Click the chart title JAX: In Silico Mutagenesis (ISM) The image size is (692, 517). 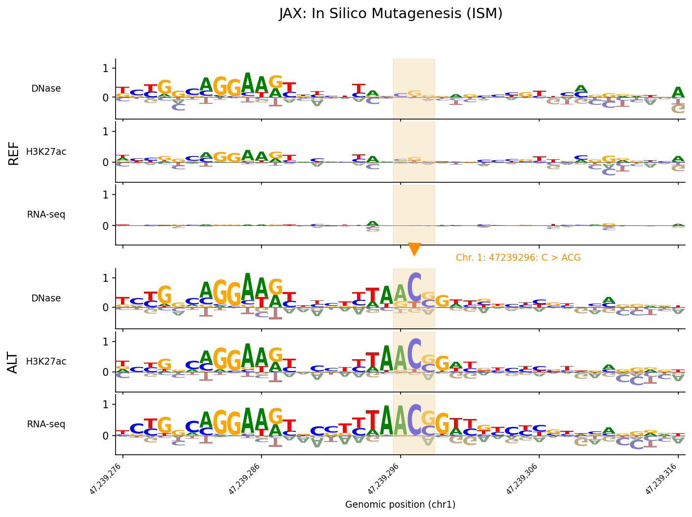coord(391,14)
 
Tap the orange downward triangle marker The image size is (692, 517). coord(414,249)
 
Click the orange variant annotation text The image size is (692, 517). coord(518,258)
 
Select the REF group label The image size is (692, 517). coord(14,153)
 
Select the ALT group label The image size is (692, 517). coord(14,362)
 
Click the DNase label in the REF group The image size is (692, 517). coord(46,89)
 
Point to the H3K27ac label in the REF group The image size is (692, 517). coord(46,152)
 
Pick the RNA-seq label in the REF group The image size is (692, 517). coord(46,215)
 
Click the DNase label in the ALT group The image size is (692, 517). coord(46,298)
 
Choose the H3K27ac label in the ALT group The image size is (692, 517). coord(46,362)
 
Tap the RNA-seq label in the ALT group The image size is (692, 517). coord(46,424)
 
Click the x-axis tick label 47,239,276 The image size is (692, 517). coord(106,479)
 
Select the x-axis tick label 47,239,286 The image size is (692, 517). coord(245,479)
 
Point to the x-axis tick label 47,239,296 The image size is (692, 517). coord(383,479)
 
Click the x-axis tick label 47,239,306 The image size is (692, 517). coord(523,479)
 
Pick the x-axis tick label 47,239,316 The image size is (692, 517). coord(661,479)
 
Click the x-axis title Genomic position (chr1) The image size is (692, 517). coord(400,505)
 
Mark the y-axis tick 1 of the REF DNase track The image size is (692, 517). coord(105,68)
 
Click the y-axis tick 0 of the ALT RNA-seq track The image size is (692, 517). coord(105,436)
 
